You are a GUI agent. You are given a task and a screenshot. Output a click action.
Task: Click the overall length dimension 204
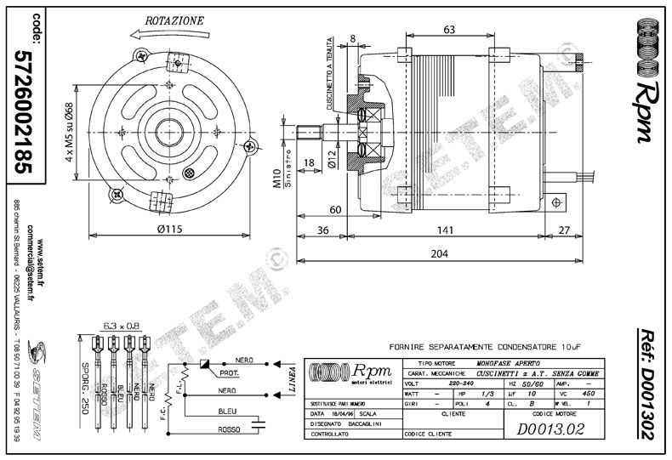[439, 253]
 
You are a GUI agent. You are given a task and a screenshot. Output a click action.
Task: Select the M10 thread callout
[276, 176]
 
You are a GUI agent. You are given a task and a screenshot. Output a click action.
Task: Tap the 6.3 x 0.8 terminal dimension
[120, 325]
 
